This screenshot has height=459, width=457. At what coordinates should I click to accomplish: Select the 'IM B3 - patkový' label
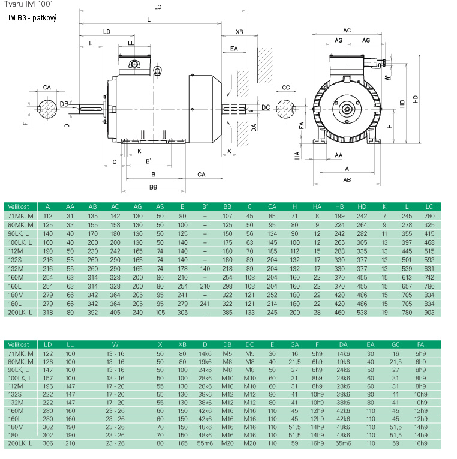coord(32,19)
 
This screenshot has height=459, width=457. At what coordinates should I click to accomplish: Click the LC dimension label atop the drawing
coord(157,8)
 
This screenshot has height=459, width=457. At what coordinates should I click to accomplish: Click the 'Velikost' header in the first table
coord(20,206)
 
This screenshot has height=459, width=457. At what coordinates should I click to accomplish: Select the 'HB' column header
coord(339,206)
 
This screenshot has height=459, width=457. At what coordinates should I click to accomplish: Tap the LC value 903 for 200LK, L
coord(429,313)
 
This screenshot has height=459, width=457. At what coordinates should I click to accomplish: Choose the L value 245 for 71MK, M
coord(407,215)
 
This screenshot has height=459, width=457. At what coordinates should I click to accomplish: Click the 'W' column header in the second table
coord(115,344)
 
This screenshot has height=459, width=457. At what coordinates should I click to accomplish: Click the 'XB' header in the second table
coord(182,344)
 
